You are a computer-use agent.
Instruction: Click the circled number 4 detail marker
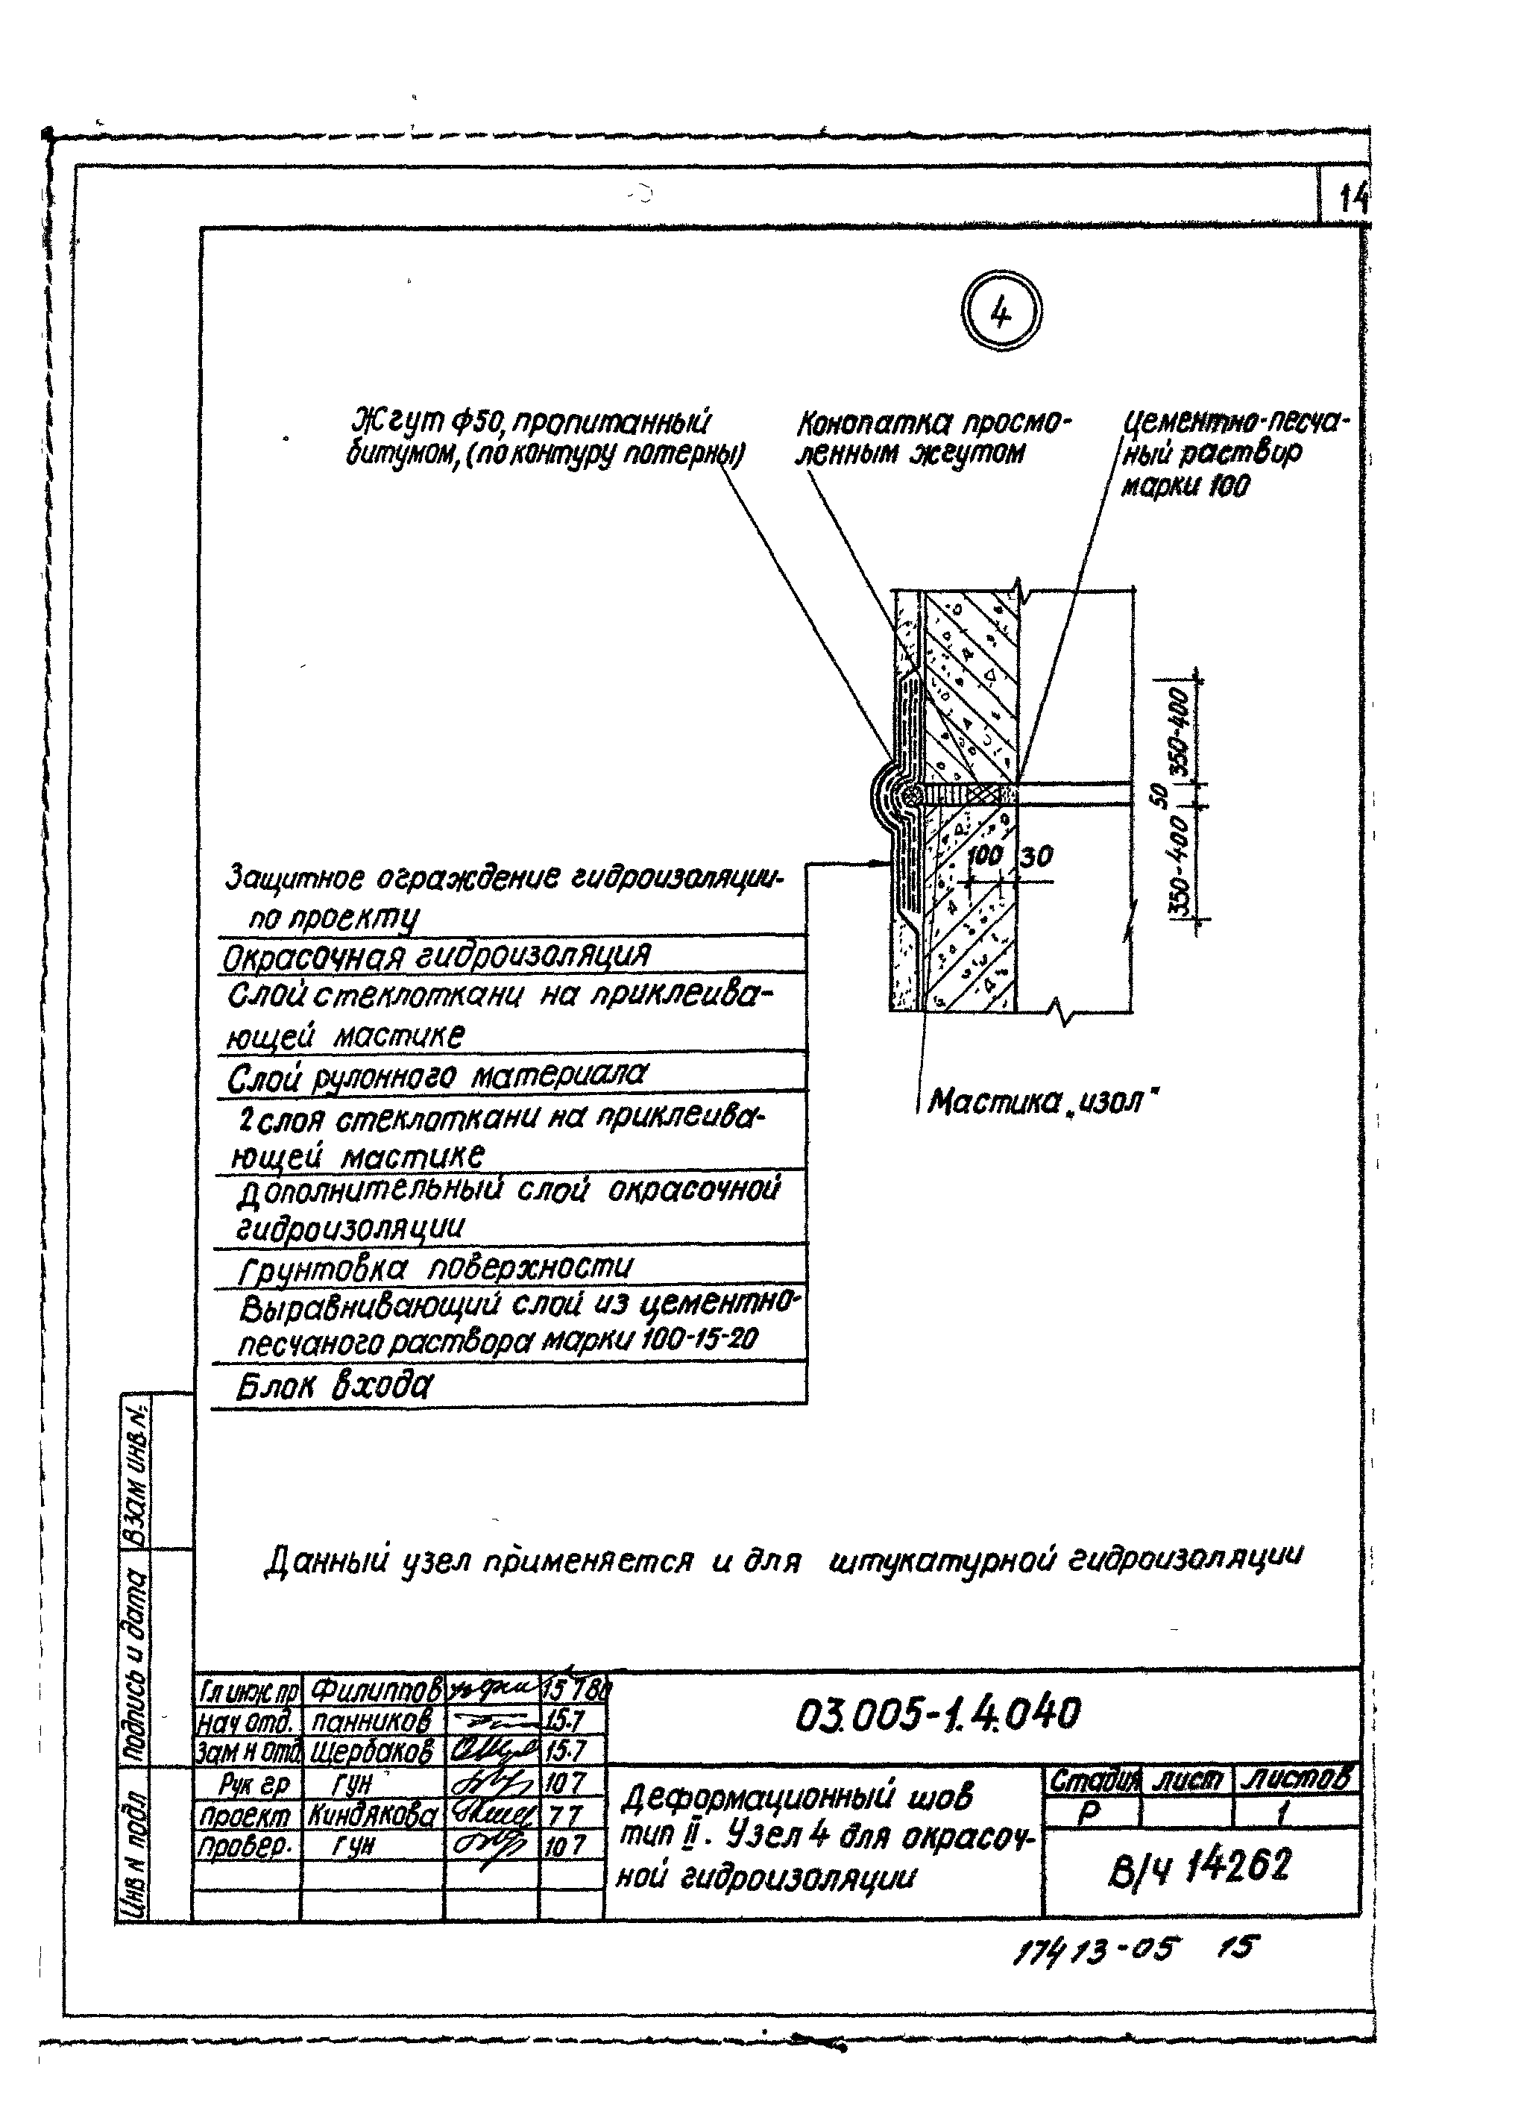pos(1001,314)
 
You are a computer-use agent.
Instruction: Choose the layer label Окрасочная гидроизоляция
pos(437,956)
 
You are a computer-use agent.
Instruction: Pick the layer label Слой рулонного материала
pos(437,1076)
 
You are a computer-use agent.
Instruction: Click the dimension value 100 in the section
pos(984,854)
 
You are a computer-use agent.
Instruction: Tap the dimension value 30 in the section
pos(1036,855)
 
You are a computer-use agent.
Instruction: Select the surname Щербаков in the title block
pos(372,1753)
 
